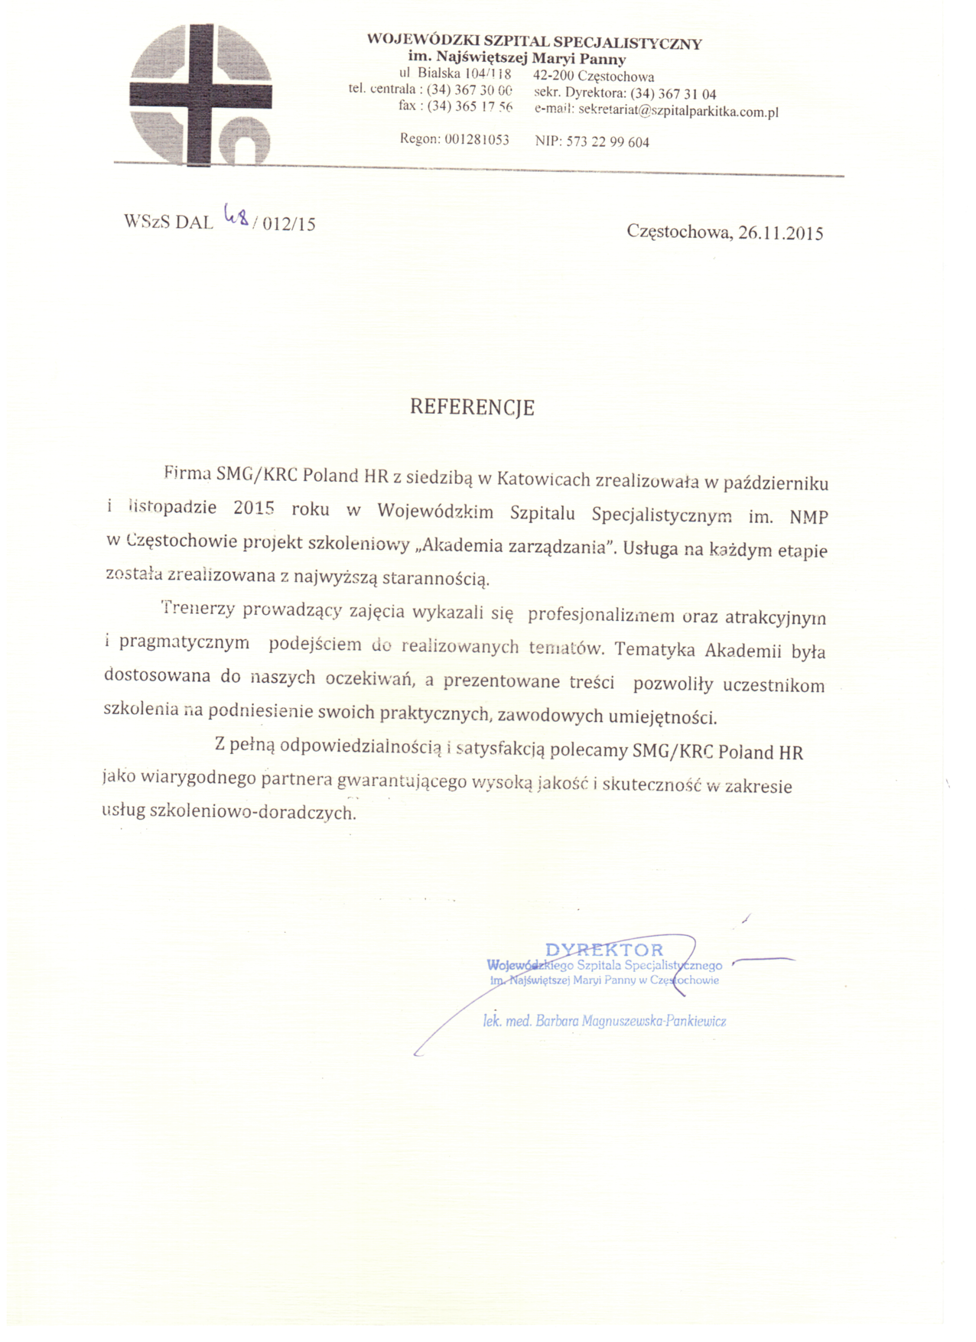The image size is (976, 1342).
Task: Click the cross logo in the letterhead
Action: pyautogui.click(x=201, y=94)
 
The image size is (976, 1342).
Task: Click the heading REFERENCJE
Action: pyautogui.click(x=472, y=407)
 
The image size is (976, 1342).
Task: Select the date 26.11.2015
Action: pyautogui.click(x=780, y=233)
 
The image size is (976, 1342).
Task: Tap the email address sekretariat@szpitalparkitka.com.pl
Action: pyautogui.click(x=678, y=111)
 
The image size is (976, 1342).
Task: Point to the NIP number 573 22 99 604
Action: pyautogui.click(x=607, y=141)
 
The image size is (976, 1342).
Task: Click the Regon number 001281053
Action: pyautogui.click(x=477, y=140)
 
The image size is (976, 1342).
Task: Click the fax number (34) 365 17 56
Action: pyautogui.click(x=470, y=106)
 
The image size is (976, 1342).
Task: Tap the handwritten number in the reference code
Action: pyautogui.click(x=236, y=217)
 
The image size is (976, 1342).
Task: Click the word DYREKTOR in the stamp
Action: pyautogui.click(x=604, y=950)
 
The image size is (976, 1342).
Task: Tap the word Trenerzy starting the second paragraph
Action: pyautogui.click(x=197, y=609)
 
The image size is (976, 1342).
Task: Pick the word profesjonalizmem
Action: pyautogui.click(x=601, y=615)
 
